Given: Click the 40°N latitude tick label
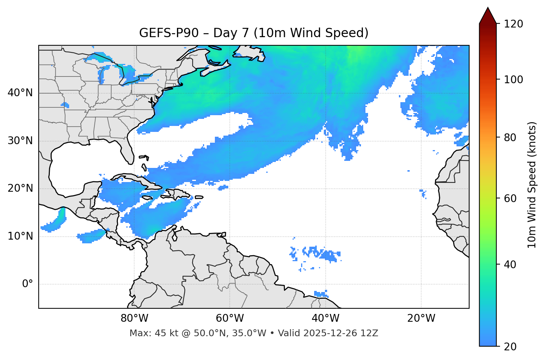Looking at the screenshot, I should pos(20,93).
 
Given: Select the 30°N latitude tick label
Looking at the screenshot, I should pos(20,141).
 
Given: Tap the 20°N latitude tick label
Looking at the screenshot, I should pos(20,188).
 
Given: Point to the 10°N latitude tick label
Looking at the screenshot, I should pos(20,236).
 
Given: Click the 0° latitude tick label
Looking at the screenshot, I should pos(28,284).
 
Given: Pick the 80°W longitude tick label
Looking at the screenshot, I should pos(134,318).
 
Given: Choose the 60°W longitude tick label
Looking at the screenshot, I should pos(230,318).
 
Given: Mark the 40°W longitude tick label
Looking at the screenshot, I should pos(325,318).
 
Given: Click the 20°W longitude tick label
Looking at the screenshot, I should pos(421,318).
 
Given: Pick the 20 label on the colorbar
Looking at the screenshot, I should pos(510,347).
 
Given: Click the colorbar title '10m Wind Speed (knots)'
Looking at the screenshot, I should pos(532,185).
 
